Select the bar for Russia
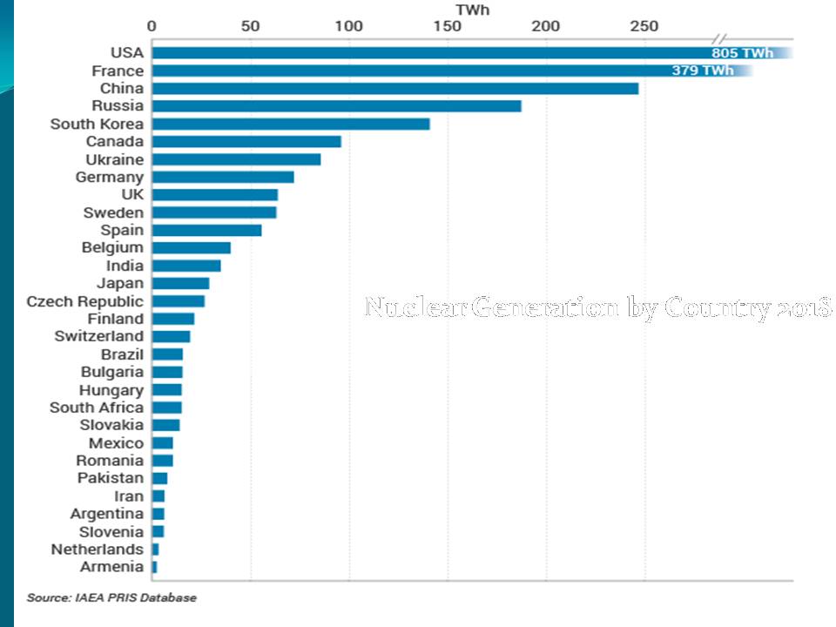point(336,106)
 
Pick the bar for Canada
point(246,142)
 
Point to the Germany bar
point(223,178)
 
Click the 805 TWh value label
point(742,53)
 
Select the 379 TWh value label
point(703,71)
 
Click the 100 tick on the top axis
point(349,26)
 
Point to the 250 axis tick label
point(645,26)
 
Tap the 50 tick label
point(251,26)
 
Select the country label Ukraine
point(114,159)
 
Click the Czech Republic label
point(84,301)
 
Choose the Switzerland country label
point(98,336)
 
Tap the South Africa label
point(97,408)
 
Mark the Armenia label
point(111,567)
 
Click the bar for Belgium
point(192,248)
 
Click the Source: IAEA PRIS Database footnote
point(111,598)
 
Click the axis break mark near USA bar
point(719,40)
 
